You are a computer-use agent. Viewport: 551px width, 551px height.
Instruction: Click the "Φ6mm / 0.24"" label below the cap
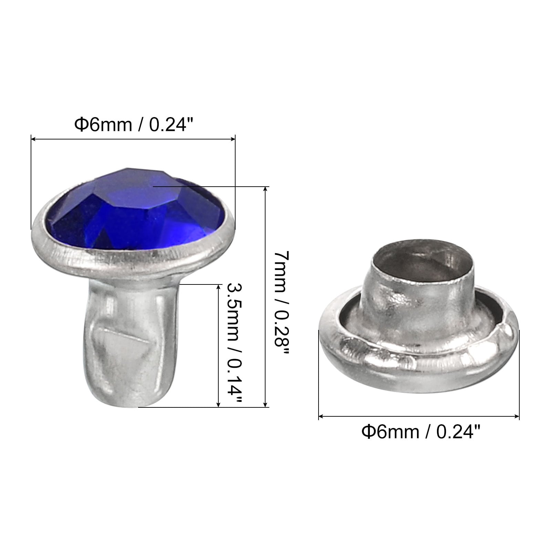[420, 432]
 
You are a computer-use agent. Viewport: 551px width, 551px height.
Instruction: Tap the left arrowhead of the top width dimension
[34, 139]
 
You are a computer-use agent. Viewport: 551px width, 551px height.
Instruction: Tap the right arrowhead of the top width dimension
[232, 139]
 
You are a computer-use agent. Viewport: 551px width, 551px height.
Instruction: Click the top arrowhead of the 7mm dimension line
[265, 189]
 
